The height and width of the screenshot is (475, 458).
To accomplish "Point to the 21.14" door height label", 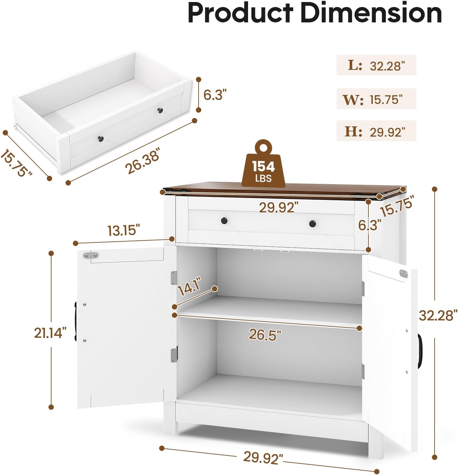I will (50, 333).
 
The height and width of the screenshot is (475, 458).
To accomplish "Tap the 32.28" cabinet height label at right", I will (438, 315).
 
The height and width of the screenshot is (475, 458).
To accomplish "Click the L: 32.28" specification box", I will (376, 65).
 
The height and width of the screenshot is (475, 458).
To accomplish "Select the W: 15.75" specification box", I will (376, 99).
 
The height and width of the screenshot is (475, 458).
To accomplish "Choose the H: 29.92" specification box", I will (376, 131).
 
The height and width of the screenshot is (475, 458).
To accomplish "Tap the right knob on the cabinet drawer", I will (312, 223).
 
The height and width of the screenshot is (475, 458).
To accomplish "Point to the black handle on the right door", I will (420, 351).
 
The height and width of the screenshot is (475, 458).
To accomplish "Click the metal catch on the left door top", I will (91, 255).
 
